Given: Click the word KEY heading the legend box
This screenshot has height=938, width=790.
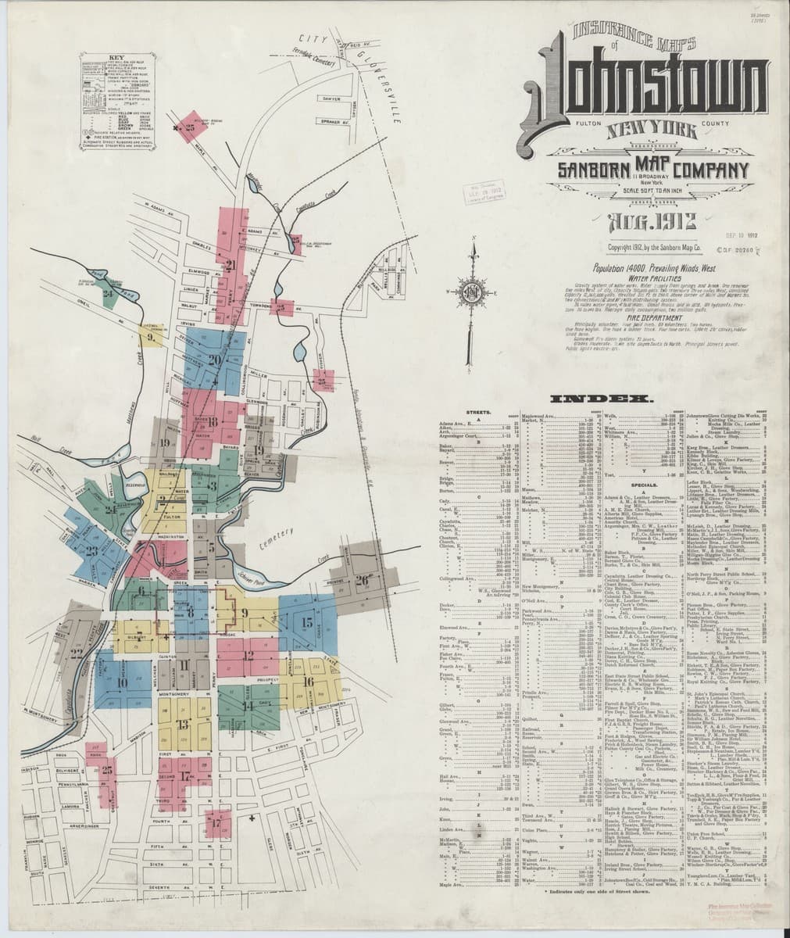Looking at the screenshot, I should [115, 58].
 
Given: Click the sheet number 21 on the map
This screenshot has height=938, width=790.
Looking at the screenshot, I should [231, 264].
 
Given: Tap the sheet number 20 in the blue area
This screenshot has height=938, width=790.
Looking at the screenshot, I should [215, 360].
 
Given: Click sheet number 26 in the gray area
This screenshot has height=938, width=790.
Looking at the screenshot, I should [362, 579].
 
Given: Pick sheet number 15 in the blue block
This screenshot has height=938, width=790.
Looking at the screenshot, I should [306, 623].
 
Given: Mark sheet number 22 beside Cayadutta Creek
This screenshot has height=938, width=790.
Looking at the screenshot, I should [77, 653].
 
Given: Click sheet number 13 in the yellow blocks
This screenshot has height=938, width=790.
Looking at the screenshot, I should [183, 724].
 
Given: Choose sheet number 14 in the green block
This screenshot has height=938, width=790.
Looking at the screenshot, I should [248, 706].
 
